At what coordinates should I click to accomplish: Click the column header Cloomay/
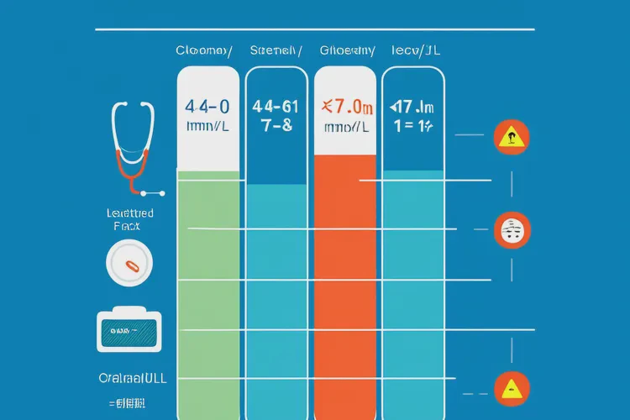pyautogui.click(x=203, y=50)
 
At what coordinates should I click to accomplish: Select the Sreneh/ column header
pyautogui.click(x=276, y=50)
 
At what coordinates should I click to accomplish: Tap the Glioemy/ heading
pyautogui.click(x=347, y=50)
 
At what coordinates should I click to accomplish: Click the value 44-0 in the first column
pyautogui.click(x=206, y=107)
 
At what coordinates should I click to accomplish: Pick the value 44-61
pyautogui.click(x=275, y=107)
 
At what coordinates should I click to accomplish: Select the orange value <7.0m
pyautogui.click(x=347, y=107)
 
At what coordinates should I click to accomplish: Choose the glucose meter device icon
pyautogui.click(x=128, y=333)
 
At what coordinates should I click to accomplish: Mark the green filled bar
pyautogui.click(x=209, y=294)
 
